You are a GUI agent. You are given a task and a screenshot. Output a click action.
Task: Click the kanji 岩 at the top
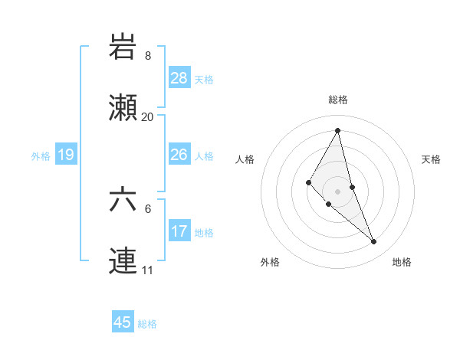123,47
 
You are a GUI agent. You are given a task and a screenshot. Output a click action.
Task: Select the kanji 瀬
123,109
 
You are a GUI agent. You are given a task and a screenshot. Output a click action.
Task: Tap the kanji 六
123,201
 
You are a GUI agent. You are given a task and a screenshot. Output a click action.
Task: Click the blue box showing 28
179,77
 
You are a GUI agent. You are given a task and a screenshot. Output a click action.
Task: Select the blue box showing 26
179,155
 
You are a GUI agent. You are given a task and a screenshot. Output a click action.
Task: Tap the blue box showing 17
179,231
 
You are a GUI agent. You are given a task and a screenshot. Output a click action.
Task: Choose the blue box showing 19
65,155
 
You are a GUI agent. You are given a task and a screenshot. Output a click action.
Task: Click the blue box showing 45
123,322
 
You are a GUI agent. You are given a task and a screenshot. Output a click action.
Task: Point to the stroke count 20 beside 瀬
147,117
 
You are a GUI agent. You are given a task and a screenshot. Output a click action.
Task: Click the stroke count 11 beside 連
147,270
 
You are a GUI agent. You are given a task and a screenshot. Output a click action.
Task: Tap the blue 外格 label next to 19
41,155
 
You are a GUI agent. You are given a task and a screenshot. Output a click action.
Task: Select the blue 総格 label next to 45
147,324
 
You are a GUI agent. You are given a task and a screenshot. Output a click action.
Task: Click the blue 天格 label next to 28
204,79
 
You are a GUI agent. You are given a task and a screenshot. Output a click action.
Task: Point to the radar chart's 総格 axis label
338,100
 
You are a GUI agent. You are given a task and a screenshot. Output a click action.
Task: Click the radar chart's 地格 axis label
402,262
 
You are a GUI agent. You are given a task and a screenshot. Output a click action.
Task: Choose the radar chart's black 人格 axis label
245,159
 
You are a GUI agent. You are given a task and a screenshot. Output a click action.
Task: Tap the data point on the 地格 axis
374,242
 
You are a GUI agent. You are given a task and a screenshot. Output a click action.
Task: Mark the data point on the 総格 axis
338,129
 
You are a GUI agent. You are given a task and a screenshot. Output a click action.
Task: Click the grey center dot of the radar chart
338,191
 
